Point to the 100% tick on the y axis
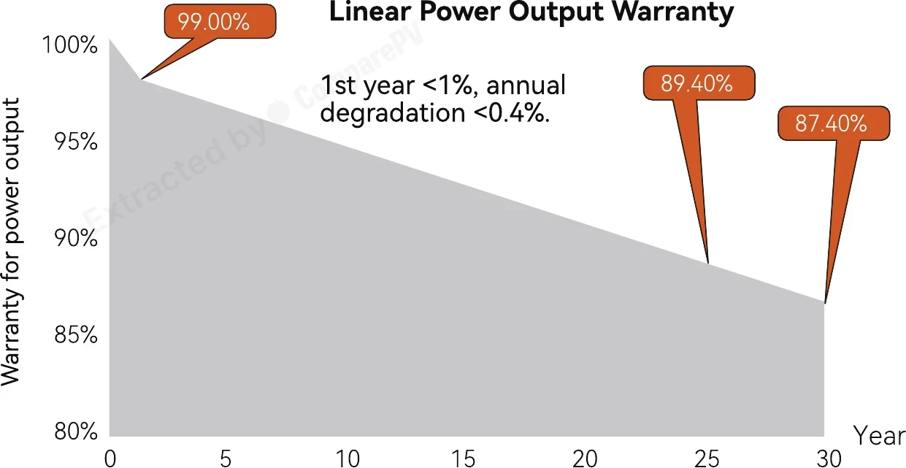coord(69,45)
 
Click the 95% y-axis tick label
coord(76,142)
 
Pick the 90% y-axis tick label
coord(76,238)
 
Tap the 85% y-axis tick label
coord(76,335)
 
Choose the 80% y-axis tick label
coord(76,431)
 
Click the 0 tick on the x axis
coord(110,459)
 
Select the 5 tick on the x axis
coord(226,459)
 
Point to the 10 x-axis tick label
coord(348,459)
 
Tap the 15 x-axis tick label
coord(463,459)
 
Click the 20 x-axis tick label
coord(586,459)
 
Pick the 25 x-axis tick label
coord(707,459)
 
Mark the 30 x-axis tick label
coord(829,459)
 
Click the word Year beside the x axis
coord(879,436)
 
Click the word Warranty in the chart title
coord(672,12)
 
